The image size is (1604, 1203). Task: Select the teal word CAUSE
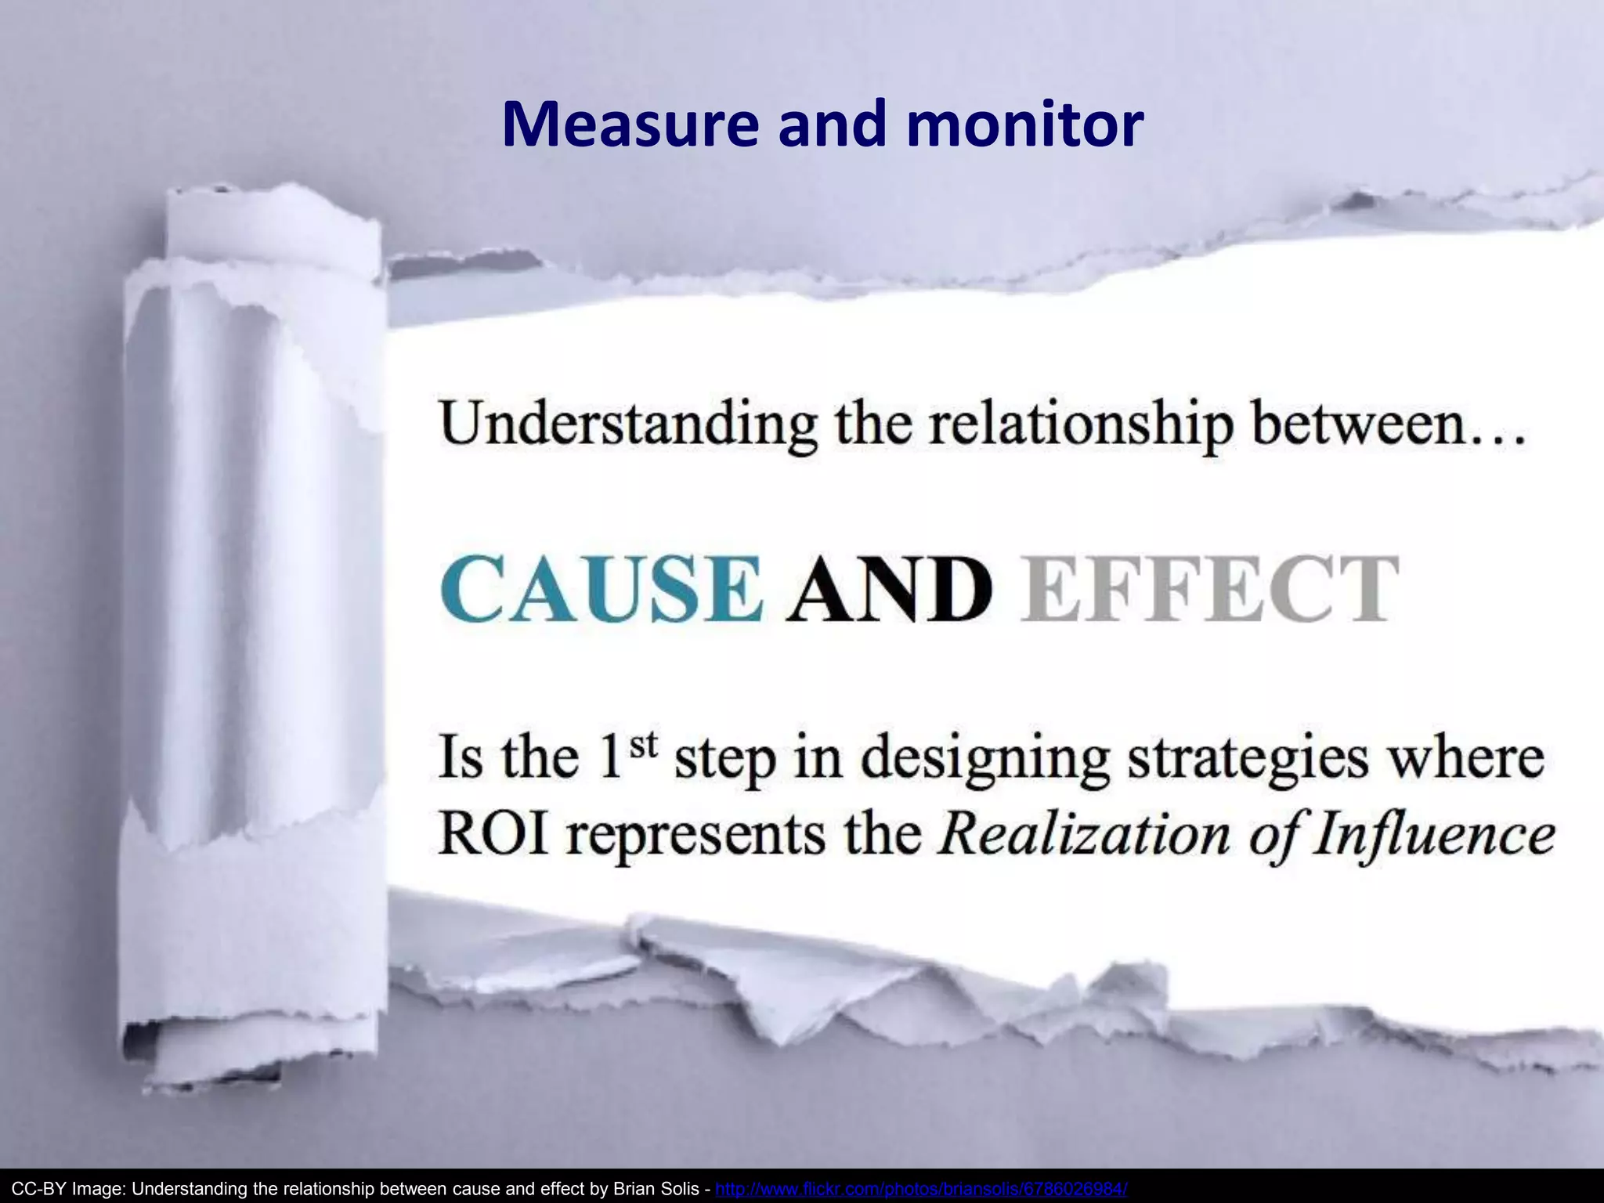tap(601, 589)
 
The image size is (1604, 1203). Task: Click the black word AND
tap(889, 589)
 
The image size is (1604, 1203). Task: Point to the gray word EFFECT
tap(1209, 589)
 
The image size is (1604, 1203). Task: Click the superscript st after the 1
tap(642, 745)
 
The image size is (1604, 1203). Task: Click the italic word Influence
tap(1434, 835)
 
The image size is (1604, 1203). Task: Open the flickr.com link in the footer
tap(922, 1189)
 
